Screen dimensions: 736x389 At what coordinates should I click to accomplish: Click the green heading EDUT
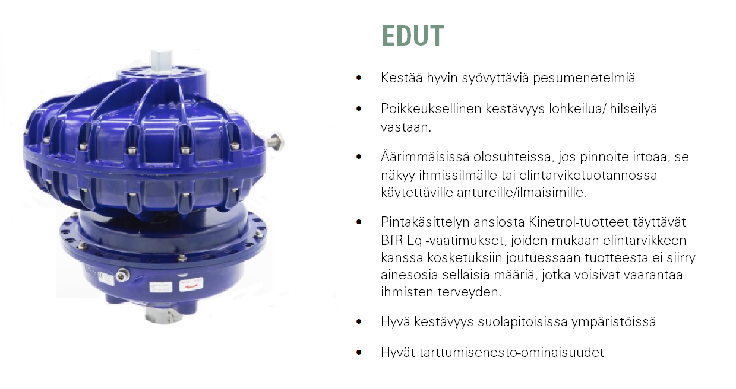(x=413, y=36)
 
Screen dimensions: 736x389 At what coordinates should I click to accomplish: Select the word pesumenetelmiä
(x=584, y=78)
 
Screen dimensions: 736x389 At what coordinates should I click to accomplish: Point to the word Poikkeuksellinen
(x=431, y=109)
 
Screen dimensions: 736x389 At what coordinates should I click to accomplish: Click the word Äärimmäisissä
(x=425, y=157)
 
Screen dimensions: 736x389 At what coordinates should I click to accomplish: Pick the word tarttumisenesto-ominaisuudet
(x=511, y=353)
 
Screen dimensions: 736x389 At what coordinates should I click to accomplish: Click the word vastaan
(x=406, y=127)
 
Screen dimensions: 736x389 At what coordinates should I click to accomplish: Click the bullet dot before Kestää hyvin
(x=358, y=78)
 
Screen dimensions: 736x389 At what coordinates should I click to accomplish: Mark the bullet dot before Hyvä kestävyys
(x=358, y=322)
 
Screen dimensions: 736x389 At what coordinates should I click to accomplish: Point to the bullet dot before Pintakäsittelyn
(x=358, y=222)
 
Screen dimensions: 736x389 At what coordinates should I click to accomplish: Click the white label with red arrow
(x=191, y=285)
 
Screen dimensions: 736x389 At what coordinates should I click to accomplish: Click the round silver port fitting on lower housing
(x=122, y=275)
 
